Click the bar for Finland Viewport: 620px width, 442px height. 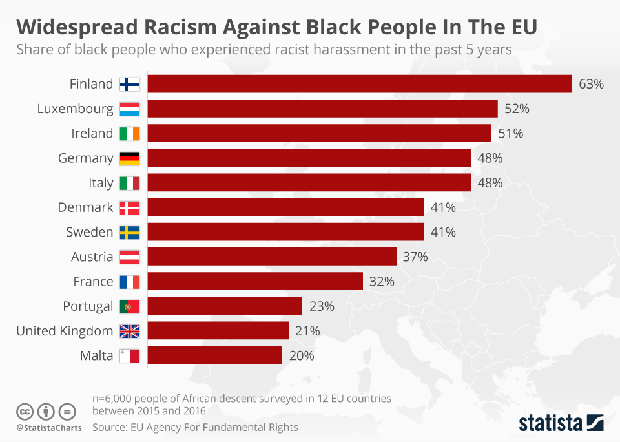coord(360,84)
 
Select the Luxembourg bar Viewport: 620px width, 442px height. coord(323,109)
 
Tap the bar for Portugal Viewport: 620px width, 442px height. coord(225,306)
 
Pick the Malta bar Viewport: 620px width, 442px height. coord(215,355)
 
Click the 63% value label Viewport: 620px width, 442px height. coord(591,84)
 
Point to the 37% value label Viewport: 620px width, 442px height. coord(415,257)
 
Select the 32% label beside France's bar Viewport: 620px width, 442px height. coord(382,282)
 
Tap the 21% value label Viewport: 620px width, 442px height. coord(307,331)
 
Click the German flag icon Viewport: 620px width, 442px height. coord(130,158)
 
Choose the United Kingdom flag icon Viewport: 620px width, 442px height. coord(130,331)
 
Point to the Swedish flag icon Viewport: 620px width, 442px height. coord(130,233)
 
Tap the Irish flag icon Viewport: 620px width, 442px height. coord(130,134)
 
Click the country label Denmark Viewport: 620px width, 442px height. coord(85,207)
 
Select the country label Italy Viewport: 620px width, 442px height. coord(101,183)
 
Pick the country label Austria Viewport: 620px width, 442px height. coord(92,257)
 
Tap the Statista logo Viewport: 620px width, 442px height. coord(561,423)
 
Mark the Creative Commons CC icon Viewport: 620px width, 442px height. coord(25,411)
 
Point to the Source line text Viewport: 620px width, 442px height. coord(195,427)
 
